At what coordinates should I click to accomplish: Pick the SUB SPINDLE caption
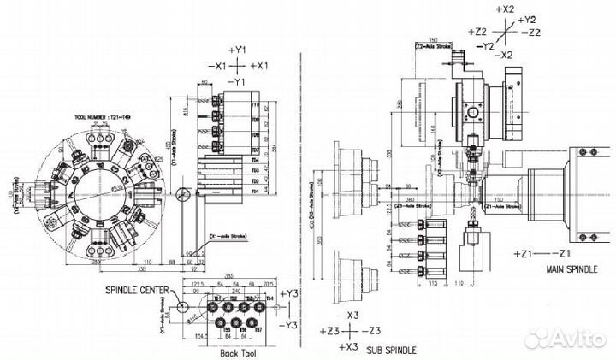click(x=393, y=349)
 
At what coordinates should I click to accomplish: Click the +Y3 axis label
click(x=291, y=293)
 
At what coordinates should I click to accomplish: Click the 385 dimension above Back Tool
click(x=228, y=276)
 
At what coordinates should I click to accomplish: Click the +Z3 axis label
click(x=329, y=330)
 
